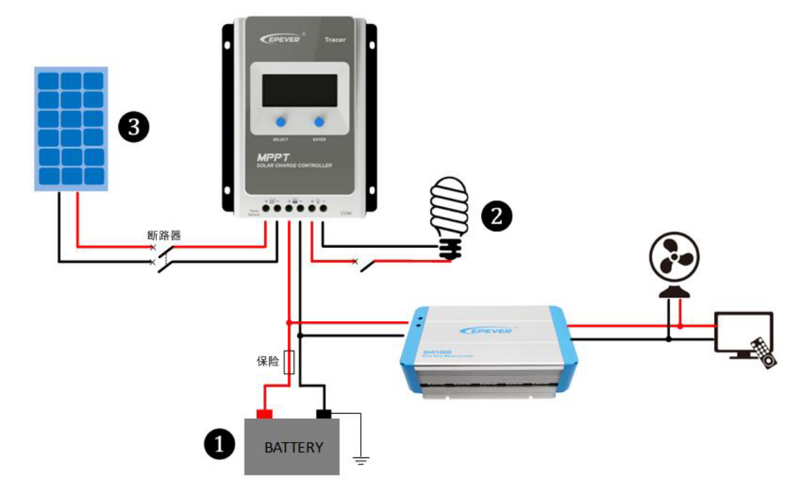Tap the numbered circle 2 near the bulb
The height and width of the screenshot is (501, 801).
pos(496,216)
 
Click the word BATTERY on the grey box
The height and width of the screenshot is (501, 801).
pos(293,447)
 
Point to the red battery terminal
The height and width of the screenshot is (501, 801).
pos(264,413)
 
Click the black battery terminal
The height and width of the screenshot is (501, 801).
pos(324,413)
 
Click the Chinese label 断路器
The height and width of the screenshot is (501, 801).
pos(164,235)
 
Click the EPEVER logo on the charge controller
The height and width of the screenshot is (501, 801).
pos(281,39)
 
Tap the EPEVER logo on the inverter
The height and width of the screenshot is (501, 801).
pos(486,330)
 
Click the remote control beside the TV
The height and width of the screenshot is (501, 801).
pos(762,352)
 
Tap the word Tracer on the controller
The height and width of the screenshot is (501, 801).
pos(335,40)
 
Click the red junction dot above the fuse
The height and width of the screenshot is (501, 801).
pos(289,322)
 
